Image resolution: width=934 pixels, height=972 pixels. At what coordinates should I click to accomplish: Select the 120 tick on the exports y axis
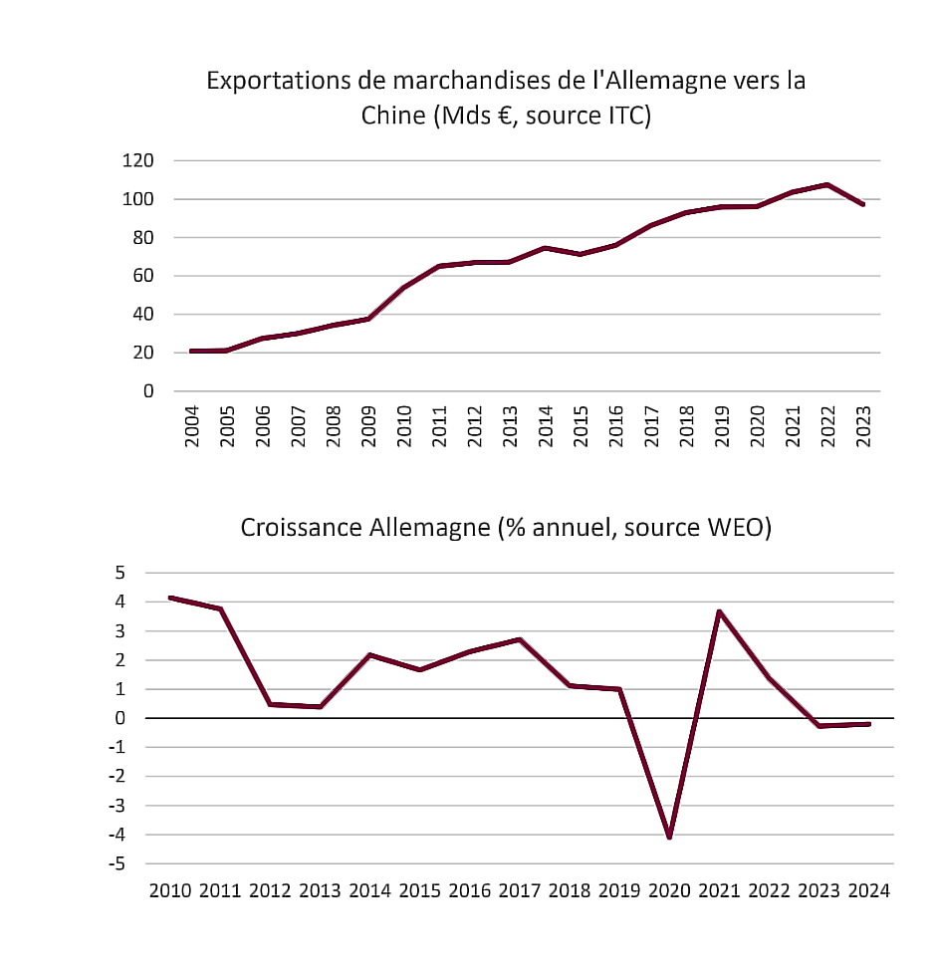[x=138, y=161]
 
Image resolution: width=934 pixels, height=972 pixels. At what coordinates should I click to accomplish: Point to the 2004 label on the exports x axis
[x=192, y=426]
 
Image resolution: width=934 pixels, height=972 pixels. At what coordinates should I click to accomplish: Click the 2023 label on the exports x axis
[x=863, y=426]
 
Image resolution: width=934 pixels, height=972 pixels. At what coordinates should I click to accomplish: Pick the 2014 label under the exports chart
[x=545, y=426]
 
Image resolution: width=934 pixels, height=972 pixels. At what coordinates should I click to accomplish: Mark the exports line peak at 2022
[x=827, y=184]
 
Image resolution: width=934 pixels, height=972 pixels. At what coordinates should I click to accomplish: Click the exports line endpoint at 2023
[x=863, y=204]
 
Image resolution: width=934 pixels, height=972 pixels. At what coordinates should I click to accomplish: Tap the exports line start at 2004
[x=190, y=351]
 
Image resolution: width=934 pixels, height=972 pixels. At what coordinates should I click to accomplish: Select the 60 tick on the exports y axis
[x=142, y=276]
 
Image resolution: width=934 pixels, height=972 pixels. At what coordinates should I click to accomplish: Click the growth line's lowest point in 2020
[x=669, y=837]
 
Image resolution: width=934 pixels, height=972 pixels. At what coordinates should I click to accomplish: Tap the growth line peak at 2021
[x=719, y=611]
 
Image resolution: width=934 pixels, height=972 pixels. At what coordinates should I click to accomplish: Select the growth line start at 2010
[x=170, y=598]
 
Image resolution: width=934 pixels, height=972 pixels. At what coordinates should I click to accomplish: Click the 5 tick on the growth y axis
[x=120, y=573]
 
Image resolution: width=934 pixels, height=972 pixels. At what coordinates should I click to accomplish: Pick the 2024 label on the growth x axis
[x=868, y=889]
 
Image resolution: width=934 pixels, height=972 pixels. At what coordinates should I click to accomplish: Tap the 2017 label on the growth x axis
[x=520, y=889]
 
